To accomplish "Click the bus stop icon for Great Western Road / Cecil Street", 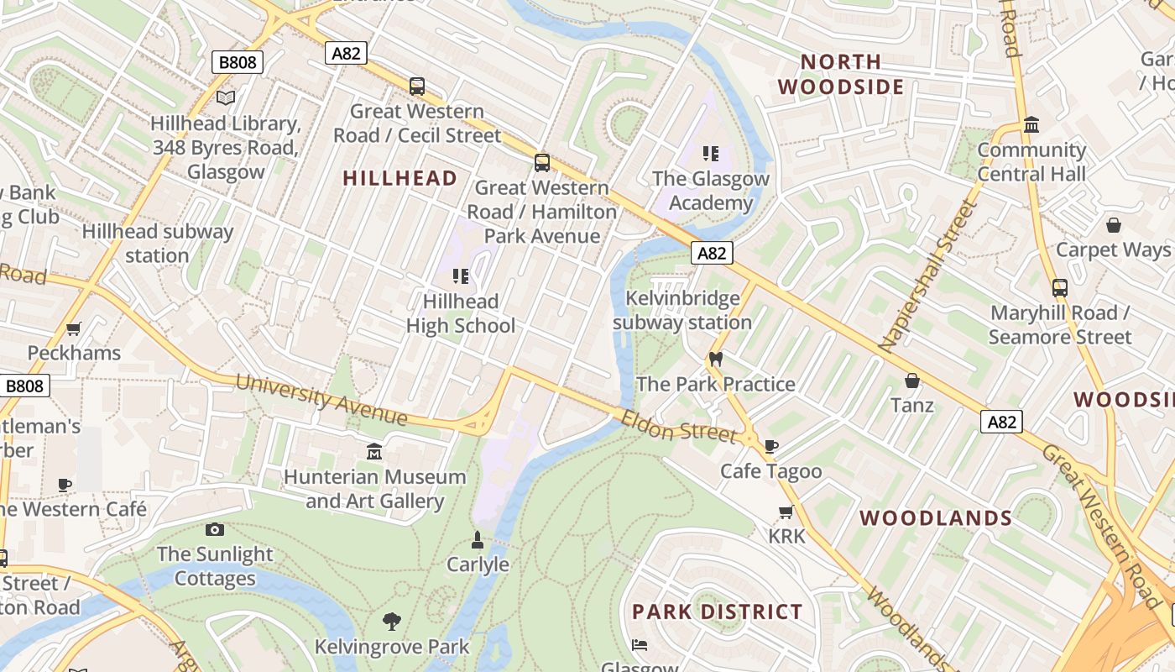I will click(x=417, y=86).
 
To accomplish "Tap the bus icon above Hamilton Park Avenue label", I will click(x=542, y=163).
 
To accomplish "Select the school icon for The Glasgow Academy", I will click(x=711, y=154).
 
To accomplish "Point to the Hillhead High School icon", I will click(x=460, y=276).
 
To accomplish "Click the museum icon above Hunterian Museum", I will click(x=374, y=452).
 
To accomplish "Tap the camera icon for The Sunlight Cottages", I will click(x=215, y=529).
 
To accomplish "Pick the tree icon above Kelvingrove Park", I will click(x=391, y=622).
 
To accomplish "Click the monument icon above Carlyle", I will click(x=478, y=539).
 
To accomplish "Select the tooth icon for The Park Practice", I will click(x=716, y=359).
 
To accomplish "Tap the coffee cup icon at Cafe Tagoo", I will click(x=771, y=446).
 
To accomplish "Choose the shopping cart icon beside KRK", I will click(x=786, y=512).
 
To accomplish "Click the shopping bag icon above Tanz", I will click(x=912, y=381).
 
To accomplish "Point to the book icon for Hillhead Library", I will click(x=226, y=98).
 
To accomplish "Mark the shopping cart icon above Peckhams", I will click(x=74, y=328).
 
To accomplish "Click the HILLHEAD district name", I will click(x=400, y=178).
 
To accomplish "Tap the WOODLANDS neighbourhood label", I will click(x=936, y=518).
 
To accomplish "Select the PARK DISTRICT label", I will click(x=718, y=612).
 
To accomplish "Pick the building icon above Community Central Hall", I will click(x=1031, y=125).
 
